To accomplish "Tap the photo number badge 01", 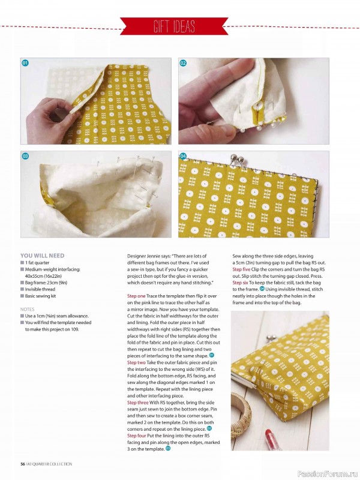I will click(x=25, y=63).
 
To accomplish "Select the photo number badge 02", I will click(x=183, y=63).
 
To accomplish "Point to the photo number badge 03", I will click(x=25, y=156).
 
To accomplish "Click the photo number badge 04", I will click(x=183, y=156).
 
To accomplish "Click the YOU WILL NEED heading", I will click(x=42, y=256).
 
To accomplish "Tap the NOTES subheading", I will click(x=27, y=310).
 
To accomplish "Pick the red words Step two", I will click(x=136, y=362).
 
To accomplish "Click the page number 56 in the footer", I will click(x=22, y=464).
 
